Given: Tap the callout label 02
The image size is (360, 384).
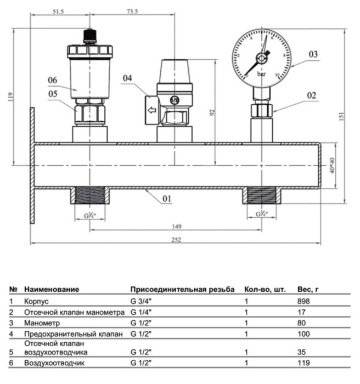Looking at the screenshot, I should point(311,95).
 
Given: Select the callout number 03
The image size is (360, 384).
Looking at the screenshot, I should point(313,54).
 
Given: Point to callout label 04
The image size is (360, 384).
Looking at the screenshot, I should point(128,78).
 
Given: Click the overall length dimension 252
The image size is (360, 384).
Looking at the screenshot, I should point(176,240).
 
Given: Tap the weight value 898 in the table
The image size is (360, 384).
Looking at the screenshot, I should point(303,301).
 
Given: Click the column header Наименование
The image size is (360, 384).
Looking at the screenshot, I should point(52,289).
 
